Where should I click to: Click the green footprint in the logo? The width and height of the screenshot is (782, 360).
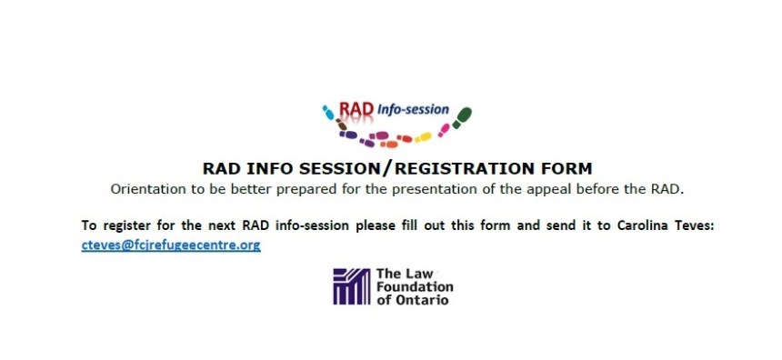(x=462, y=117)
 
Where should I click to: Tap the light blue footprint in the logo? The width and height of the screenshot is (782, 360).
(x=328, y=113)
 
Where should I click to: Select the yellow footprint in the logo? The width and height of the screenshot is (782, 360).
(x=424, y=137)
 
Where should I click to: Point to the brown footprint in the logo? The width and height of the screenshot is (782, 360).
(x=341, y=125)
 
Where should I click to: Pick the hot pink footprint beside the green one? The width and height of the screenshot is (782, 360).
(x=444, y=130)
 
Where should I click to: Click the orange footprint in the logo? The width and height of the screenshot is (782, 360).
(x=389, y=145)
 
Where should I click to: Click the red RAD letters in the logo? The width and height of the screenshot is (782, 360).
(x=356, y=109)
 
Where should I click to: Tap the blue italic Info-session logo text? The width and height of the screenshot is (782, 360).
(x=413, y=109)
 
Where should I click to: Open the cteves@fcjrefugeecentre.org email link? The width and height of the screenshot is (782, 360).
(x=171, y=245)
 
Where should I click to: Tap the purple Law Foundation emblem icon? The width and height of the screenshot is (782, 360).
(x=352, y=286)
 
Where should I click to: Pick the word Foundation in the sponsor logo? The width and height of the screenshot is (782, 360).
(x=415, y=286)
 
